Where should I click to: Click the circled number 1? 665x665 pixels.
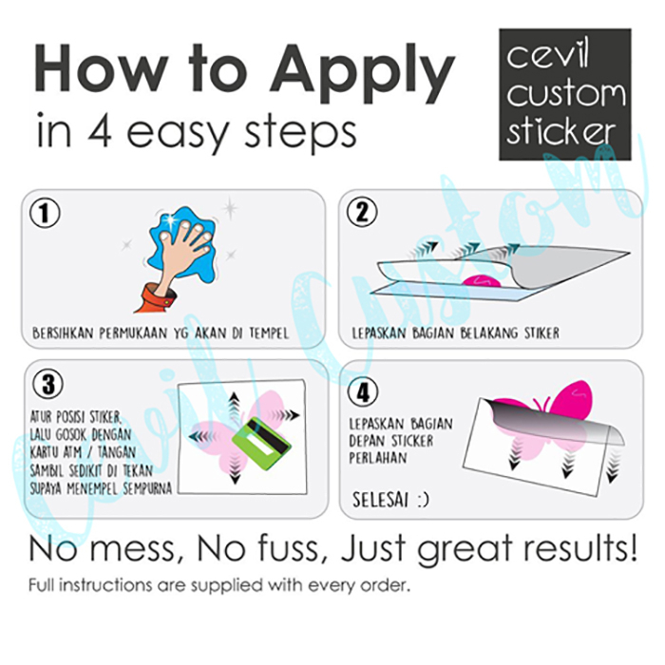point(45,214)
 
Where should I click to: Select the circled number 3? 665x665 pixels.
point(47,385)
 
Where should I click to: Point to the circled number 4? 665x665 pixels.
point(363,392)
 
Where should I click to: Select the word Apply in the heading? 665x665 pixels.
point(361,73)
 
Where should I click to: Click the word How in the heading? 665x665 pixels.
point(101,68)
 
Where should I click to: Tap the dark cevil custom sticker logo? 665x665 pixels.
point(564,95)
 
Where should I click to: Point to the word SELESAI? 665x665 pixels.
point(380,500)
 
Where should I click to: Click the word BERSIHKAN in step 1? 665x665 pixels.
point(63,332)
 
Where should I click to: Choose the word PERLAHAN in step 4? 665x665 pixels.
point(378,458)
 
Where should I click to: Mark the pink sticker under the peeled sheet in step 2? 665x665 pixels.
point(483,281)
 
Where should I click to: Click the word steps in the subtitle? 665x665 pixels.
point(300,132)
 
